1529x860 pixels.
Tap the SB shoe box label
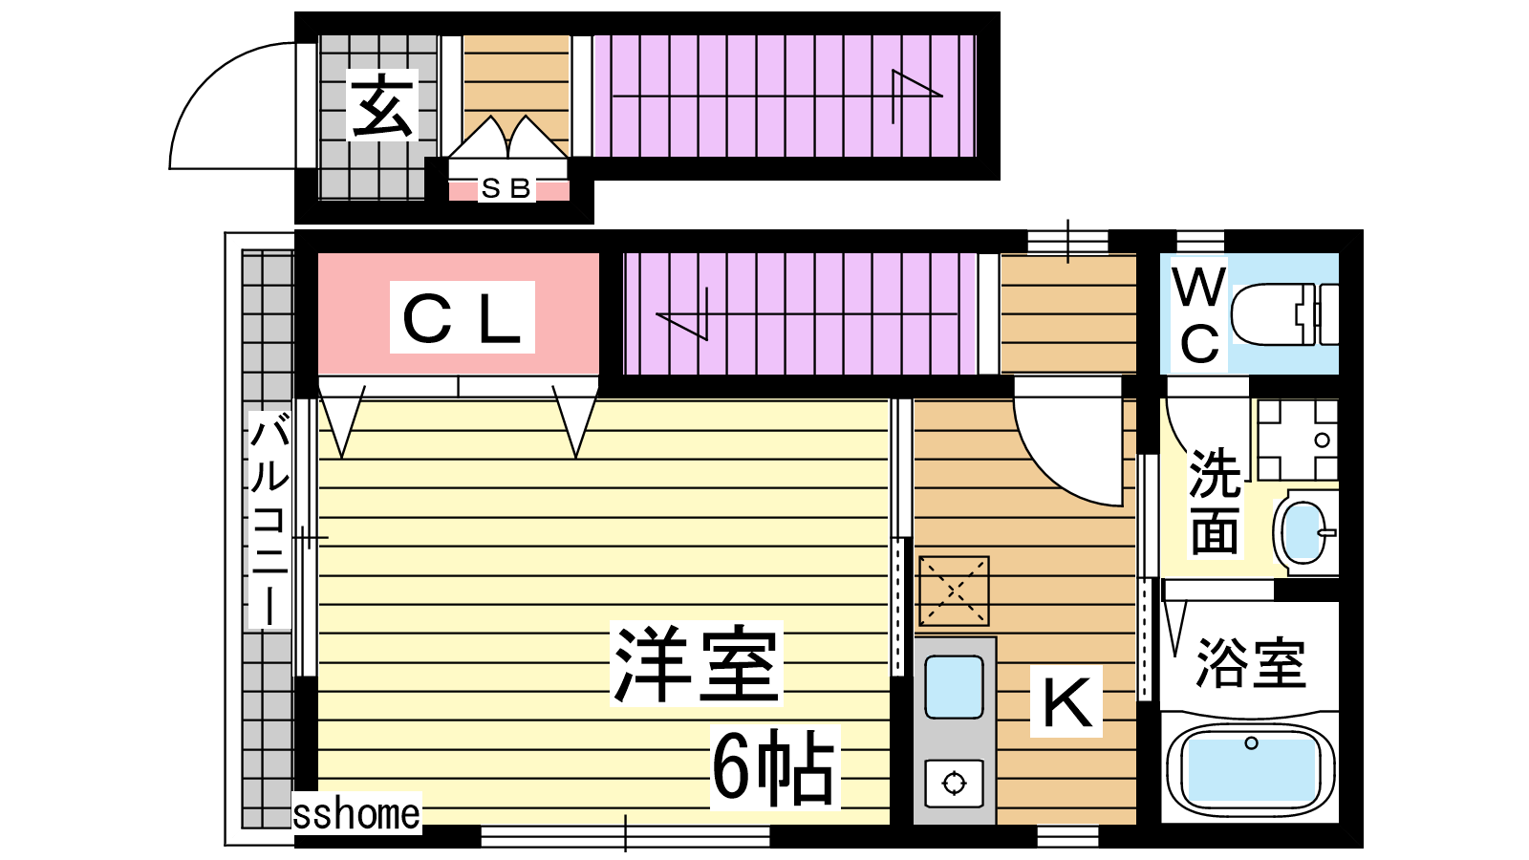(x=506, y=188)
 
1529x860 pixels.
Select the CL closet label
(x=463, y=318)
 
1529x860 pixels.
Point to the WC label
(x=1198, y=315)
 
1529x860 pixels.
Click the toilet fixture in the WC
(x=1284, y=314)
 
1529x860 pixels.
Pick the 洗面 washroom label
(x=1215, y=501)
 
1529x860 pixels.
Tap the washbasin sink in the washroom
(x=1305, y=532)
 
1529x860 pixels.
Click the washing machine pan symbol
(x=1298, y=441)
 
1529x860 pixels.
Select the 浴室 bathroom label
(x=1251, y=662)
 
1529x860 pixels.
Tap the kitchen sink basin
(x=954, y=687)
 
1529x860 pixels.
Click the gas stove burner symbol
(x=954, y=783)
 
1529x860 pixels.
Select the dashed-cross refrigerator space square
(x=954, y=591)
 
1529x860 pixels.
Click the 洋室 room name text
(x=697, y=663)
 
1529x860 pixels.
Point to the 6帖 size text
(x=774, y=768)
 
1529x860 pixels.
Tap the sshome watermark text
(x=356, y=813)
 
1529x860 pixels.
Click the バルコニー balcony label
(x=270, y=519)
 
